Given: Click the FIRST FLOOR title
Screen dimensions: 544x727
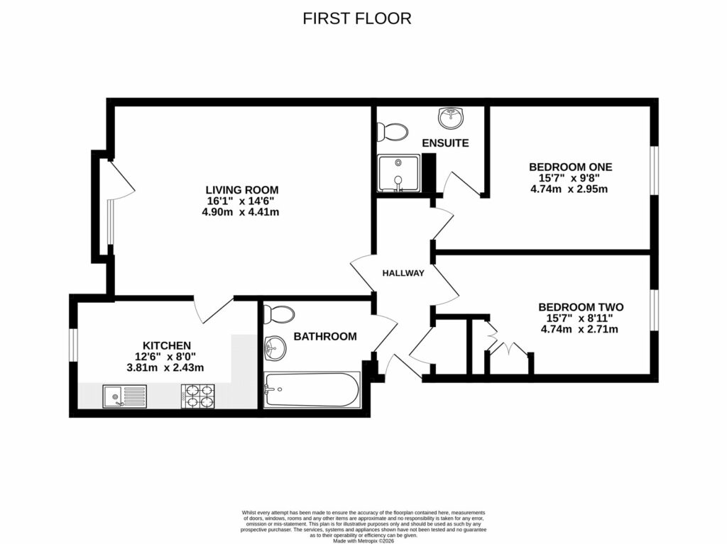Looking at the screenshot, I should tap(356, 18).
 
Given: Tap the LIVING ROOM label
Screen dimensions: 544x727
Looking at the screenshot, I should tap(241, 190).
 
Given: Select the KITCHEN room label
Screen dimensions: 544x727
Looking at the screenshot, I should tap(166, 345).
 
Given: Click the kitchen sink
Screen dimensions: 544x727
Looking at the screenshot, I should tap(124, 396).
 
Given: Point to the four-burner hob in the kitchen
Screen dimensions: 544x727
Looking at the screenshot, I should tap(199, 396).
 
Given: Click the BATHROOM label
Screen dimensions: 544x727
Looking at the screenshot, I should tap(325, 336).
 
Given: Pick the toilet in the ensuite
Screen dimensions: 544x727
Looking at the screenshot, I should tap(392, 131).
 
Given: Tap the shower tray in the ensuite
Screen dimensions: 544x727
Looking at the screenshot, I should tap(399, 174).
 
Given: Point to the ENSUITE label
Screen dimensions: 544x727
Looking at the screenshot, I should tap(445, 143).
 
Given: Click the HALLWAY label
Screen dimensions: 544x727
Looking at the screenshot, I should tap(403, 273).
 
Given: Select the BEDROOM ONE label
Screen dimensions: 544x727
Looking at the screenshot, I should tap(570, 167).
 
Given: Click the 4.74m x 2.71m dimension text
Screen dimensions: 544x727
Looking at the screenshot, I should tap(579, 329).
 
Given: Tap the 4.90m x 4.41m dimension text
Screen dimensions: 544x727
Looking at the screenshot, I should tap(241, 212).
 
